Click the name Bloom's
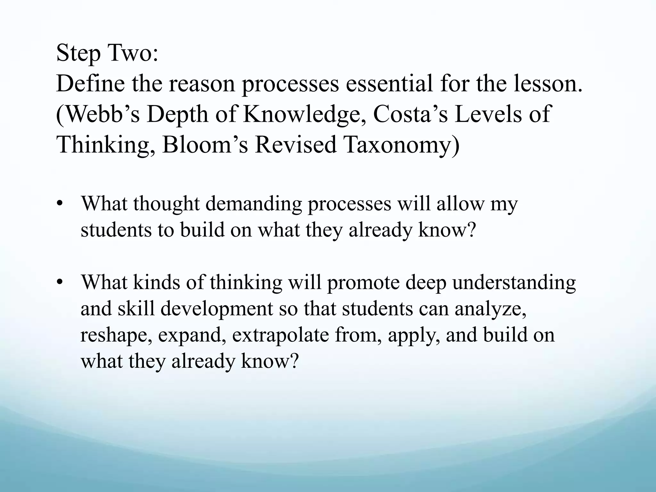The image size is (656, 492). [x=205, y=144]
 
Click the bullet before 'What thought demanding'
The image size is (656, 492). [x=59, y=204]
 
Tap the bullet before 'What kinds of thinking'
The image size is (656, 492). [x=59, y=282]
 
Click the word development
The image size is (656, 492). [x=217, y=309]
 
